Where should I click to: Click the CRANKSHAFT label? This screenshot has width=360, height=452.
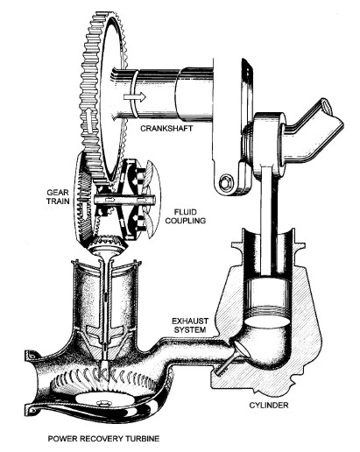click(x=166, y=128)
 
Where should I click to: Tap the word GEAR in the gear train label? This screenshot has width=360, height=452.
click(x=58, y=193)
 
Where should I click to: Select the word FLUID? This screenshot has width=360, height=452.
click(x=186, y=212)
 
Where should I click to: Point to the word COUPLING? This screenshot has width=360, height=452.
click(x=186, y=221)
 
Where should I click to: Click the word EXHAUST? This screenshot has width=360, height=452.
click(x=190, y=321)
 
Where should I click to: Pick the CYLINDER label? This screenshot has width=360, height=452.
click(x=269, y=406)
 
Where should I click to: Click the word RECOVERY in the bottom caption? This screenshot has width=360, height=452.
click(x=102, y=439)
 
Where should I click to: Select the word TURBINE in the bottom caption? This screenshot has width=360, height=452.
click(x=143, y=439)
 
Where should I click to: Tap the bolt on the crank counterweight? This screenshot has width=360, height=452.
click(x=227, y=182)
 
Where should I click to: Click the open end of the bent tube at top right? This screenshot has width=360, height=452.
click(x=326, y=106)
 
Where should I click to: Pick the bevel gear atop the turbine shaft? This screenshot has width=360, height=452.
click(x=109, y=244)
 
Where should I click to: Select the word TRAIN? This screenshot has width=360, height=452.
click(x=58, y=201)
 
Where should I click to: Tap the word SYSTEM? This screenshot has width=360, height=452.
click(x=190, y=329)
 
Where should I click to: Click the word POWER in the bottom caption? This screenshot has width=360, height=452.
click(x=63, y=439)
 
